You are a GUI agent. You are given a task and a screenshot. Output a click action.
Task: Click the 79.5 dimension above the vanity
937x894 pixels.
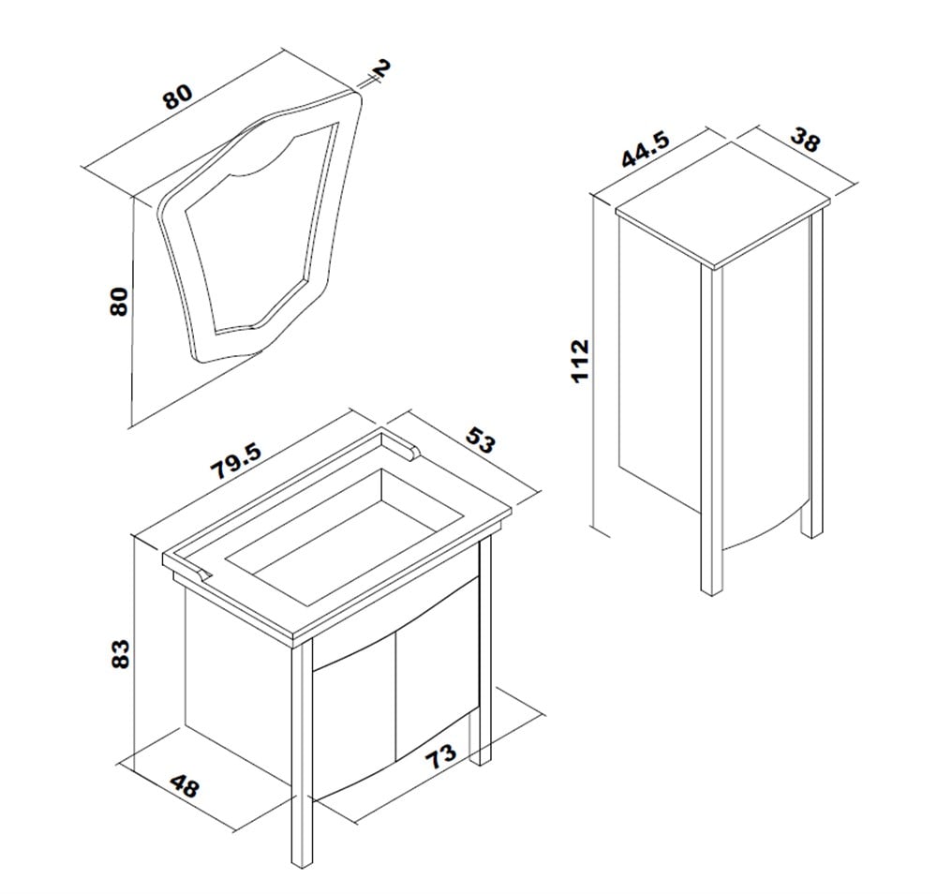tap(236, 461)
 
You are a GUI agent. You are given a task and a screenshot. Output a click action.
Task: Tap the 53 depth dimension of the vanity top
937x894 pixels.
tap(481, 440)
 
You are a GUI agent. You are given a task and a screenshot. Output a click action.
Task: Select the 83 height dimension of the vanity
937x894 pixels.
tap(120, 654)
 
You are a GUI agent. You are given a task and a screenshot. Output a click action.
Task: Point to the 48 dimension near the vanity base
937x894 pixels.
tap(184, 785)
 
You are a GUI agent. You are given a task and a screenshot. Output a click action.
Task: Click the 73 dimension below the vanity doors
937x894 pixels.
tap(440, 756)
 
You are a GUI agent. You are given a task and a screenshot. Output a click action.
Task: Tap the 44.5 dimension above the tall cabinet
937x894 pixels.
tap(646, 149)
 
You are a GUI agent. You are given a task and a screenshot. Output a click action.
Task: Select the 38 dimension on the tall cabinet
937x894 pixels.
tap(805, 140)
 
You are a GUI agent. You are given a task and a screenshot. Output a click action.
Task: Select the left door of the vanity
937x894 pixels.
tap(354, 723)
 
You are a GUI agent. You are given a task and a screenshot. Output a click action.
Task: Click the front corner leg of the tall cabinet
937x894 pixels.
tap(711, 430)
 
